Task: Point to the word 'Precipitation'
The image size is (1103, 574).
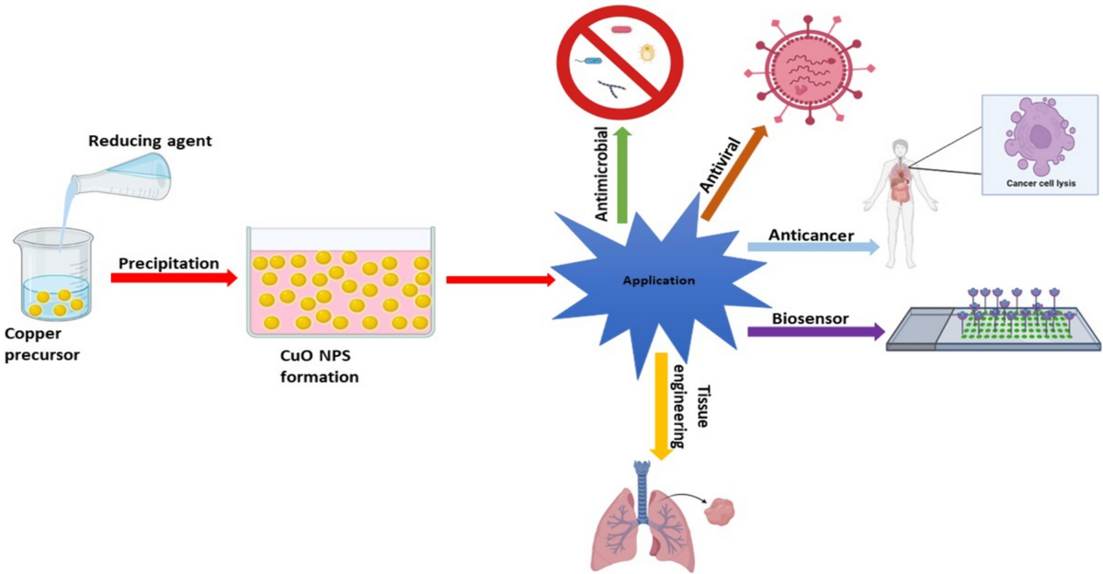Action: [x=168, y=263]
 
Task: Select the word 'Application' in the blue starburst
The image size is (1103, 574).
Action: [x=658, y=281]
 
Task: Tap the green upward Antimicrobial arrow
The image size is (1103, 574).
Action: [x=622, y=175]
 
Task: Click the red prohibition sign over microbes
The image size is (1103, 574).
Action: [x=620, y=60]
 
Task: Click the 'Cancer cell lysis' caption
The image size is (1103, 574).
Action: [x=1041, y=184]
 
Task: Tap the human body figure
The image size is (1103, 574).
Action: [x=900, y=199]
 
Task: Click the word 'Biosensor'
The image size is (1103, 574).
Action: [x=810, y=318]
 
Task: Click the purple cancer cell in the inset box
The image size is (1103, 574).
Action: [x=1040, y=133]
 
